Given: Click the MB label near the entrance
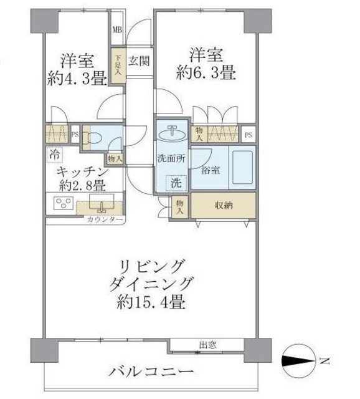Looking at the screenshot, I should [117, 29].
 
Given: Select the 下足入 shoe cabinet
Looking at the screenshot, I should [118, 65].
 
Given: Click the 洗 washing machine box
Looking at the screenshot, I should [178, 183].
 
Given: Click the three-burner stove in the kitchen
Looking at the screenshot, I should [62, 203].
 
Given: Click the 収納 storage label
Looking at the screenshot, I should [223, 204].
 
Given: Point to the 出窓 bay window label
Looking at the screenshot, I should [208, 344].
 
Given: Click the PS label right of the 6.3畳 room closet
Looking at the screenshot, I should [249, 134].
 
